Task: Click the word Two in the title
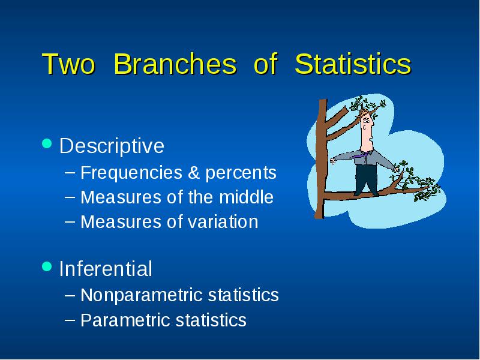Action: pos(68,64)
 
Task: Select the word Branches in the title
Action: pos(175,64)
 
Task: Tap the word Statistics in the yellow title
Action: pos(353,64)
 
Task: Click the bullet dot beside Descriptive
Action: pos(47,143)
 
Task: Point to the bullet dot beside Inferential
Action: pos(47,266)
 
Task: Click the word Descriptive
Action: pos(112,146)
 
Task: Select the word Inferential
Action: pos(106,268)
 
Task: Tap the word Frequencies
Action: pos(131,173)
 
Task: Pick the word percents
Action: pos(241,173)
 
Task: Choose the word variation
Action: pos(223,221)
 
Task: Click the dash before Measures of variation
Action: pos(70,221)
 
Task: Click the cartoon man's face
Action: pos(367,128)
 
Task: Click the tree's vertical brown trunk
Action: pos(321,159)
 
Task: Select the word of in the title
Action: pos(265,64)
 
